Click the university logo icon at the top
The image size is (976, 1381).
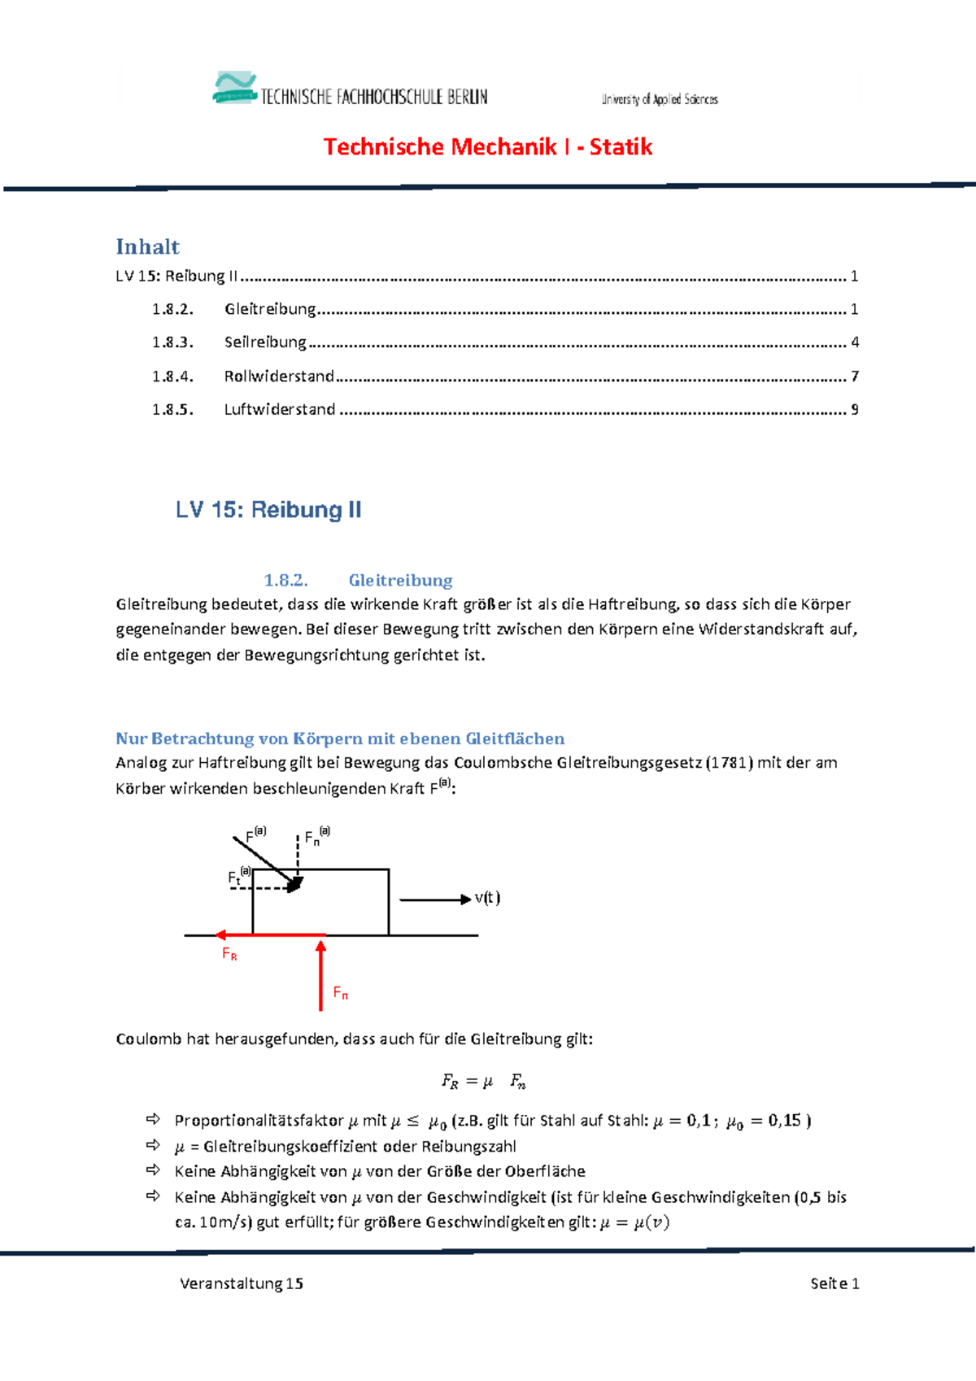234,88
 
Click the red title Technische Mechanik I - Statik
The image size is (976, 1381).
487,147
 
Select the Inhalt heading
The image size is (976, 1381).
147,247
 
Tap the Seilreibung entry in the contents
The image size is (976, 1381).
265,342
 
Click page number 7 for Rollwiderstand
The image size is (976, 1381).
855,377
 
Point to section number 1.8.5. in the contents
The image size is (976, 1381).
172,410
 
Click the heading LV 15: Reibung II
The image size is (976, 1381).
268,510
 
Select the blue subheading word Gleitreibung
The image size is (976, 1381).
400,581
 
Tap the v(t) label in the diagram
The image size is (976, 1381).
487,898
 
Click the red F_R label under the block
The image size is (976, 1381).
229,954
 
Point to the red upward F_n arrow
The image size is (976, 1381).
321,976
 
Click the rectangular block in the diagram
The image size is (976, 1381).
342,903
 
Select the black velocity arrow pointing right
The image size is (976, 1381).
434,900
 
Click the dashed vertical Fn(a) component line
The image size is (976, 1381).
298,858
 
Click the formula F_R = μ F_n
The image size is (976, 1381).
484,1082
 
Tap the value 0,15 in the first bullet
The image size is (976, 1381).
784,1121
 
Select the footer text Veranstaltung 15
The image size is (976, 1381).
242,1283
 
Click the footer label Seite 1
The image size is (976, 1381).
834,1283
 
